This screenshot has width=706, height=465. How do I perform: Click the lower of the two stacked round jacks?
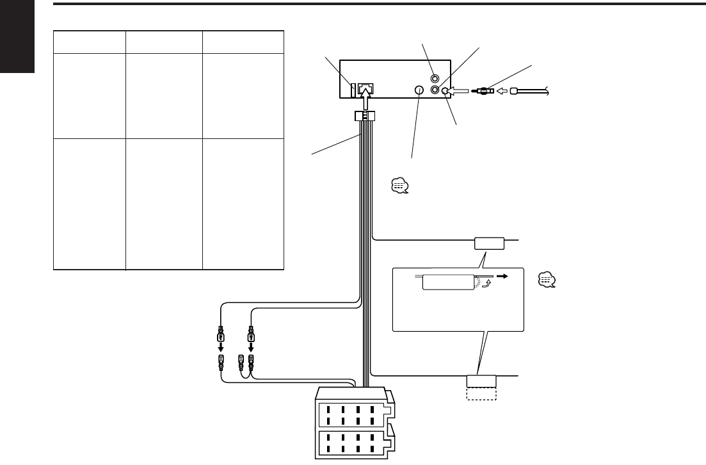tap(435, 90)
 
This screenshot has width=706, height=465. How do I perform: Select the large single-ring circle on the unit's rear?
tap(419, 91)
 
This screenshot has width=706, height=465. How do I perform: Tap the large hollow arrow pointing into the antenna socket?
tap(459, 92)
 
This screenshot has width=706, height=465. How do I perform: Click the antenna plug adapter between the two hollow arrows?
tap(481, 92)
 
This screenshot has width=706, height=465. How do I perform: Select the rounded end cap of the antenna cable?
tap(514, 92)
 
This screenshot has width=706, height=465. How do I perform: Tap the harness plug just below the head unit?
tap(364, 117)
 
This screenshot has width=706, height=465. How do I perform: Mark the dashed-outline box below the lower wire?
tap(481, 393)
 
